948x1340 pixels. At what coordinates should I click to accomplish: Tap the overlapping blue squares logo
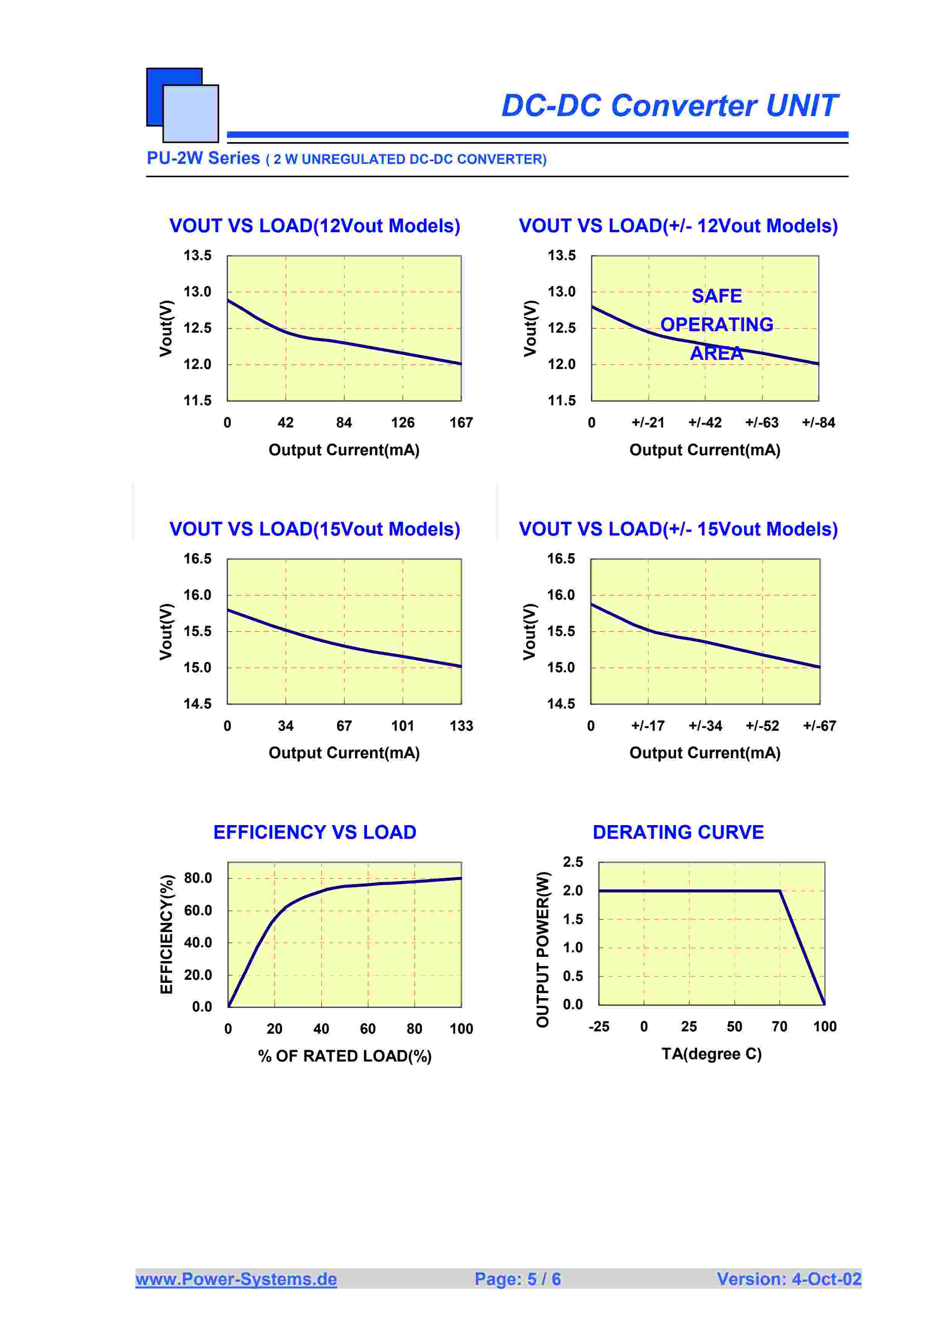(x=182, y=105)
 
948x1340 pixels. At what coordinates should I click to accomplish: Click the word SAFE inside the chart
(x=717, y=296)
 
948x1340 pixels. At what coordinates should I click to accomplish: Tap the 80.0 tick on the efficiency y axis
(x=198, y=878)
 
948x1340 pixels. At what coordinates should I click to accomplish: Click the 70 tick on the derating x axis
(x=779, y=1027)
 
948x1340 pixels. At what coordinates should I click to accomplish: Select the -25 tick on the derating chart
(x=599, y=1027)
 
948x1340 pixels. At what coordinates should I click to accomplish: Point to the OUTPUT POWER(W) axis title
(x=543, y=950)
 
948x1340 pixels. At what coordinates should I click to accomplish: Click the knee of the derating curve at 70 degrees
(x=780, y=891)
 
